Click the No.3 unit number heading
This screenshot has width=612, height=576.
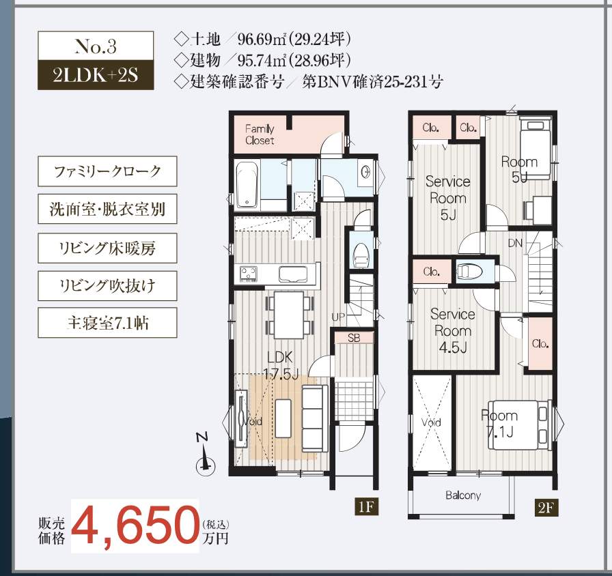click(96, 46)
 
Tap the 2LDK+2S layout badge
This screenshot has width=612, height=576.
click(96, 75)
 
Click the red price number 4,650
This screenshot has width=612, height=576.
click(135, 525)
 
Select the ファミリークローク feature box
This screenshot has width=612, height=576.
click(107, 171)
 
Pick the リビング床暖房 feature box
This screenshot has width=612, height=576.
click(107, 248)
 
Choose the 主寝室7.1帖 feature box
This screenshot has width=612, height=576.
click(107, 323)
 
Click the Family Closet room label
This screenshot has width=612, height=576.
click(260, 134)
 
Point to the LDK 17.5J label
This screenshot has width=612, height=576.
click(281, 365)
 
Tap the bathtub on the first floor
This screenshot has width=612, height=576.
click(247, 185)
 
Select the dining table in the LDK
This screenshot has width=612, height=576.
click(289, 315)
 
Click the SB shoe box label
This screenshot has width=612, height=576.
click(354, 338)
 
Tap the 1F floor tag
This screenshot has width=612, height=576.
click(366, 507)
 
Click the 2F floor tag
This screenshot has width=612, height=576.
click(546, 508)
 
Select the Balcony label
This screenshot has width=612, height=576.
click(463, 495)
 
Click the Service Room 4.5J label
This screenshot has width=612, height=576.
click(453, 330)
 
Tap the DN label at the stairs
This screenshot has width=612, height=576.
click(515, 244)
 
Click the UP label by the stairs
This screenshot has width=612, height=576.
click(338, 317)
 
